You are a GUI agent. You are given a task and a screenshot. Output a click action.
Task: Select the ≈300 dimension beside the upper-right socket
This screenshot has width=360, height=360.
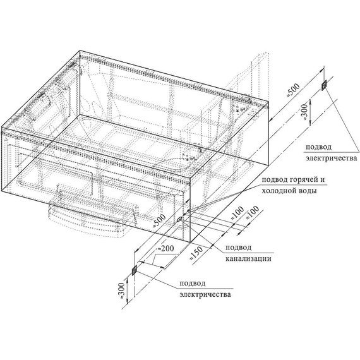[304, 112]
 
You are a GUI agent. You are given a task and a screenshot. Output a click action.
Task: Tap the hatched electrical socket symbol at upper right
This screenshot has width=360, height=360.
[324, 86]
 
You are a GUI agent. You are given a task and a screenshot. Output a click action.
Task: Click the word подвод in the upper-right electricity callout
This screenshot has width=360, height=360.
[318, 147]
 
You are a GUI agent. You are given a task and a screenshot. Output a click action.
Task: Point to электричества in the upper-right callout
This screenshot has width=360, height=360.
[332, 158]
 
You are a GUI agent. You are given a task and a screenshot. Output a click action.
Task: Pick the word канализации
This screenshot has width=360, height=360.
[248, 258]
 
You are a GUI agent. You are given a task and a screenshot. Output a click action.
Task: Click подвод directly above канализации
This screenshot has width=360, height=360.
[238, 248]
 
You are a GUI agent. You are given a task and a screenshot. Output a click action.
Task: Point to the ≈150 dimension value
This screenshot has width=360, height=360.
[196, 253]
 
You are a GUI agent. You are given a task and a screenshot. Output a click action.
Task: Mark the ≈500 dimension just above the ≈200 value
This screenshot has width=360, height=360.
[159, 220]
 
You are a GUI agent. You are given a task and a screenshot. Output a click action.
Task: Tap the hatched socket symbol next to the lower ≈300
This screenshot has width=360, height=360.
[135, 270]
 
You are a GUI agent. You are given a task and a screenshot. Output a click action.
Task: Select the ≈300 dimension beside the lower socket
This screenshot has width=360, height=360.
[122, 291]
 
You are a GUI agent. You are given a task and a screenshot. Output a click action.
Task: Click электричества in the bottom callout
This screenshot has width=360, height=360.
[205, 294]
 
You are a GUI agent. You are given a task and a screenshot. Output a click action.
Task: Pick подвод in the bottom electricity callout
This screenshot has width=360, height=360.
[193, 284]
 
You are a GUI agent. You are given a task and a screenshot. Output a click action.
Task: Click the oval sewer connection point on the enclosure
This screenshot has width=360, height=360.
[179, 219]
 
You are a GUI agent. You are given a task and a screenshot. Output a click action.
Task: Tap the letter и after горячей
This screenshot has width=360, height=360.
[322, 179]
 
